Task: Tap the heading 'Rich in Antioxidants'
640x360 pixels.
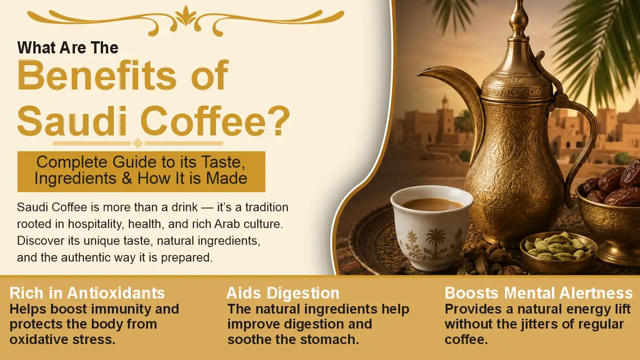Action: coord(87,293)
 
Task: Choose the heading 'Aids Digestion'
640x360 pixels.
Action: coord(283,293)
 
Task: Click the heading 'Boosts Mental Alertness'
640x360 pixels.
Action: coord(539,293)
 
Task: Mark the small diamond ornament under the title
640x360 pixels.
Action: coord(138,143)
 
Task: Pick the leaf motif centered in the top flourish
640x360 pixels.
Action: coord(186,16)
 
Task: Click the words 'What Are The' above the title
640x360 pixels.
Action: coord(68,48)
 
